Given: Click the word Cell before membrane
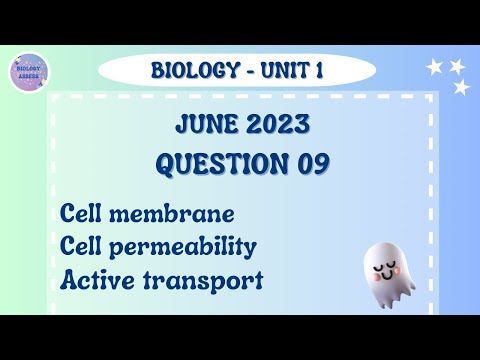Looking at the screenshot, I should (x=83, y=214).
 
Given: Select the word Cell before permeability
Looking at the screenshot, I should (x=83, y=246).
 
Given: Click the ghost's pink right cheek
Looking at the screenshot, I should (x=403, y=271).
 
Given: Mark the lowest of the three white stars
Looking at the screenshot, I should (x=462, y=88).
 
